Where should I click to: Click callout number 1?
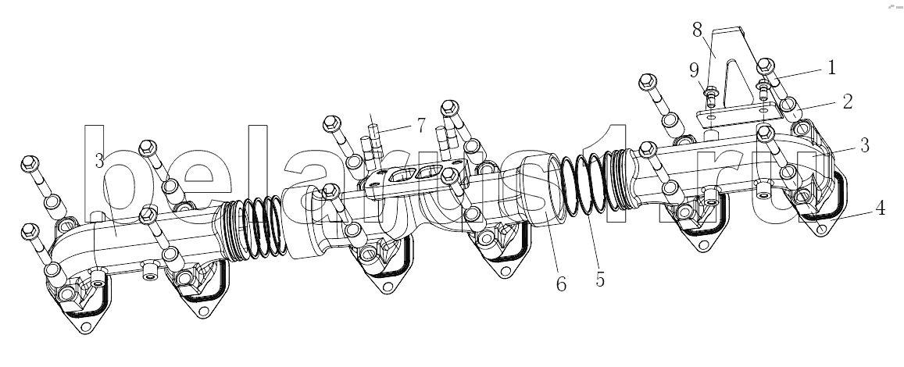coord(831,68)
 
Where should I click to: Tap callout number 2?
coord(847,102)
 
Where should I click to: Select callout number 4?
coord(880,208)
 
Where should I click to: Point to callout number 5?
coord(600,280)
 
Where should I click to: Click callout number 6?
coord(561,283)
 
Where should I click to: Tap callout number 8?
coord(697,30)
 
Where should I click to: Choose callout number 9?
coord(694,71)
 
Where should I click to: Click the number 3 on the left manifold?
coord(100,162)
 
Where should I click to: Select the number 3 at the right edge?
coord(864,146)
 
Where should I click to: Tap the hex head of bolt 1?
coord(766,66)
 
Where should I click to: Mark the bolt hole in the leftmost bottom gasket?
coord(86,327)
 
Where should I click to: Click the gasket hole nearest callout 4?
coord(821,230)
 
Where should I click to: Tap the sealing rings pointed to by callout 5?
coord(584,183)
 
